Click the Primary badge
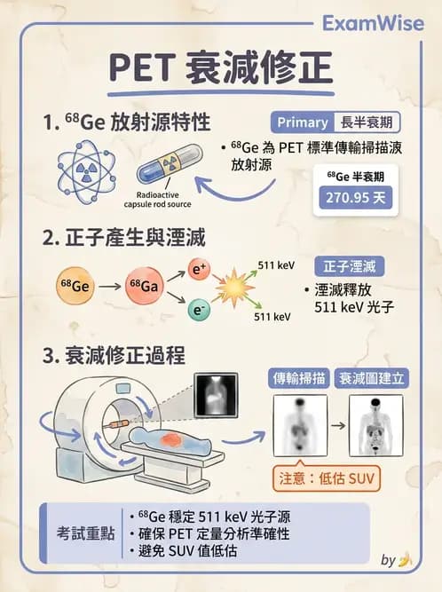tap(303, 122)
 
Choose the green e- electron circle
tap(201, 308)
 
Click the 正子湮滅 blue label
tap(349, 265)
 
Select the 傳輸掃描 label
tap(298, 377)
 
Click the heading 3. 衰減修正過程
tap(114, 356)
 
